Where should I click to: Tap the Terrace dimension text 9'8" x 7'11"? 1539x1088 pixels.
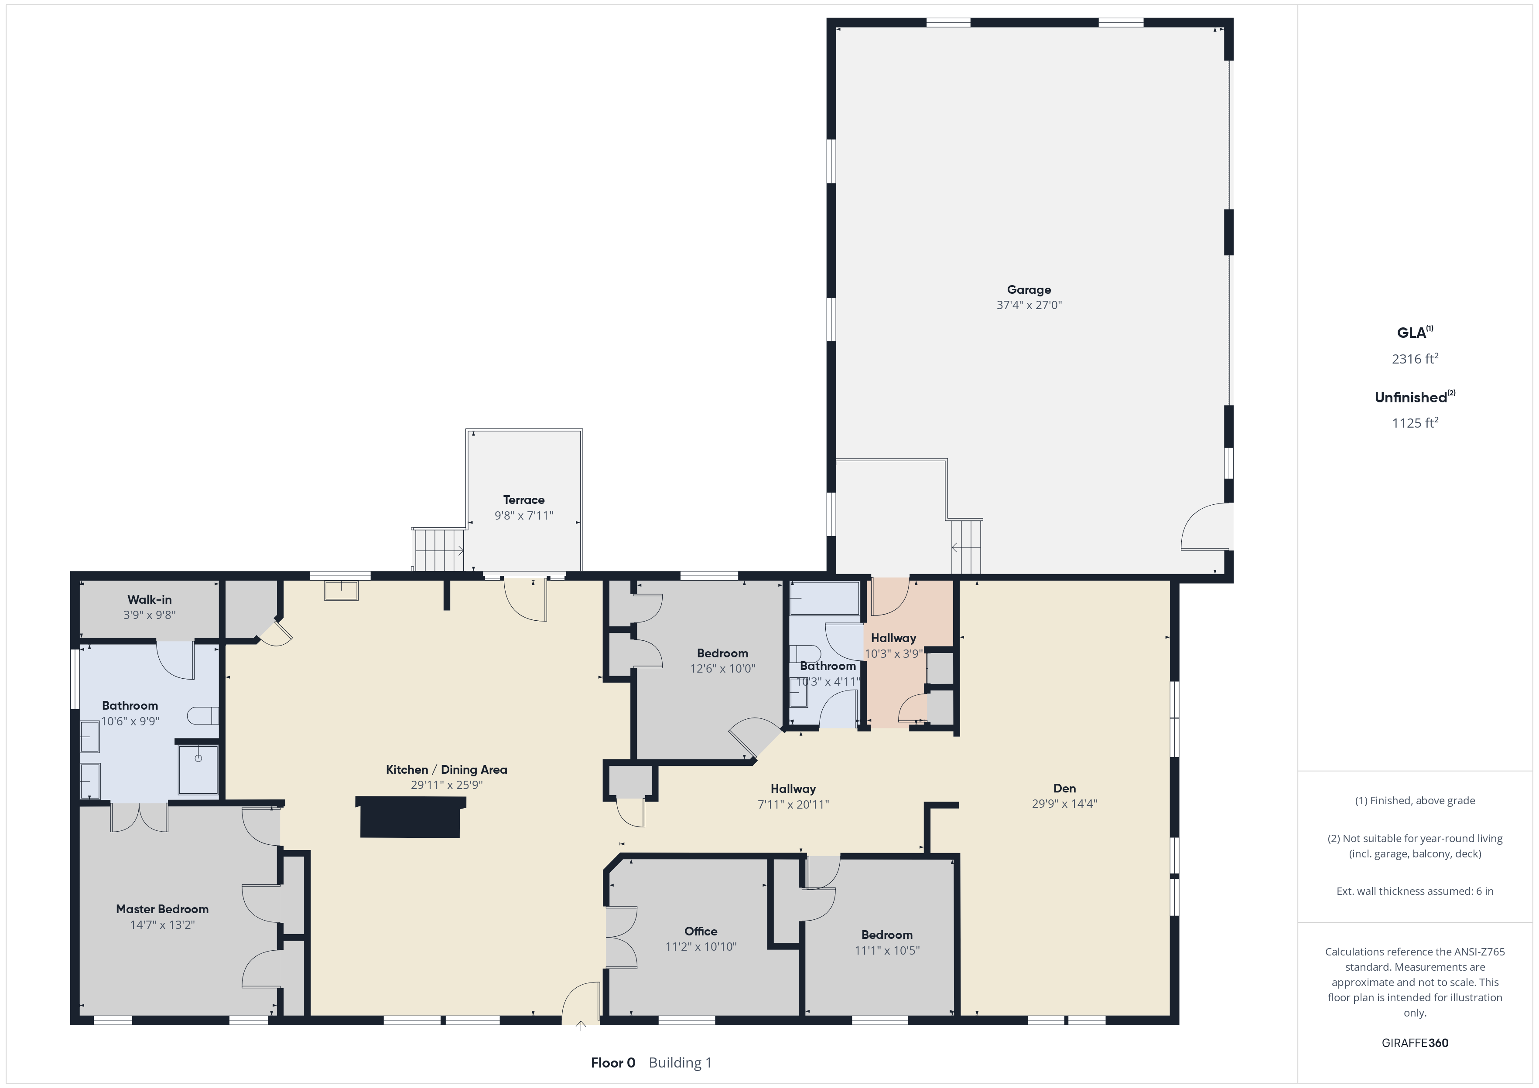pyautogui.click(x=523, y=515)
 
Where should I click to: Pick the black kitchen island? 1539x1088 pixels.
pyautogui.click(x=410, y=817)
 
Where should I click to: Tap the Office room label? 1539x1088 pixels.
pyautogui.click(x=701, y=931)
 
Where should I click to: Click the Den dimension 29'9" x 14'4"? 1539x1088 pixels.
pyautogui.click(x=1064, y=804)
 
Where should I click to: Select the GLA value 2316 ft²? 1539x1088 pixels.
pyautogui.click(x=1415, y=358)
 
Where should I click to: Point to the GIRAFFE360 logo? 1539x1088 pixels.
pyautogui.click(x=1415, y=1042)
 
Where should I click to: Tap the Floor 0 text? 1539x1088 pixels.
pyautogui.click(x=612, y=1063)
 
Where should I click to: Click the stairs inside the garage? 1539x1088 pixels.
pyautogui.click(x=966, y=547)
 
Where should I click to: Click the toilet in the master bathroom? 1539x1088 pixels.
pyautogui.click(x=202, y=716)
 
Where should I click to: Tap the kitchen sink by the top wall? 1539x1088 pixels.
pyautogui.click(x=341, y=590)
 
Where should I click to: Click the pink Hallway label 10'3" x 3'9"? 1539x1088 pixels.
pyautogui.click(x=893, y=646)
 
